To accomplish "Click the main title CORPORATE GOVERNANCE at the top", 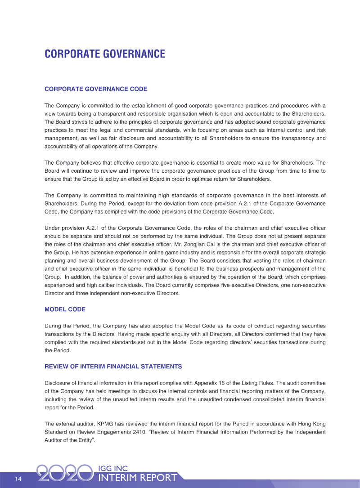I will tap(105, 54).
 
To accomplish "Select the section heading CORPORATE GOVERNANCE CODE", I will tap(96, 89).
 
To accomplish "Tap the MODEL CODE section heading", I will tap(65, 309).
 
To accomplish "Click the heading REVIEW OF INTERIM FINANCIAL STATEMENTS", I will tap(113, 367).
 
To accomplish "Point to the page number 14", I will tap(18, 479).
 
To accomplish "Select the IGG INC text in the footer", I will tap(113, 469).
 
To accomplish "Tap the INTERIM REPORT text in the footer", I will tap(137, 478).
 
